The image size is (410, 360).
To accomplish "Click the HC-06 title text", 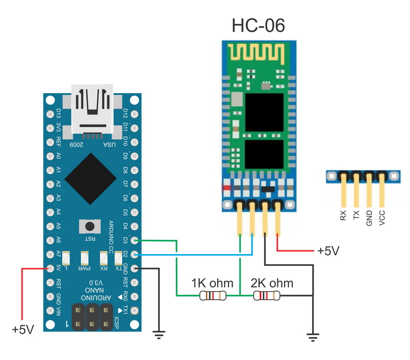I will [257, 26].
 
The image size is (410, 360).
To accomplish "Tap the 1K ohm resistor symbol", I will [213, 295].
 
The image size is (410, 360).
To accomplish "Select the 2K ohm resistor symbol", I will [266, 295].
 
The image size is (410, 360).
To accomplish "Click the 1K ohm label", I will [212, 283].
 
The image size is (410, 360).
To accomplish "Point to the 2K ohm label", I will [272, 283].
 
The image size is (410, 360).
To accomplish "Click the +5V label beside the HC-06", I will [328, 251].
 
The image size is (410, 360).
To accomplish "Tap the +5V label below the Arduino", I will [23, 329].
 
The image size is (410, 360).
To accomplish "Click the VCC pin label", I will [382, 212].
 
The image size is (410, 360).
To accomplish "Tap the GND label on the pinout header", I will [369, 212].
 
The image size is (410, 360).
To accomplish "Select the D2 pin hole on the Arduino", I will [135, 254].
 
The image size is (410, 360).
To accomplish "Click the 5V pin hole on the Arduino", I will [50, 268].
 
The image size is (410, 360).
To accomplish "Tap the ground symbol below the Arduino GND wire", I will [160, 334].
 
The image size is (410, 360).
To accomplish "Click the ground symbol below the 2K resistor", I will [313, 336].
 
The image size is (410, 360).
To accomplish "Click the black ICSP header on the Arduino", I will [93, 316].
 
